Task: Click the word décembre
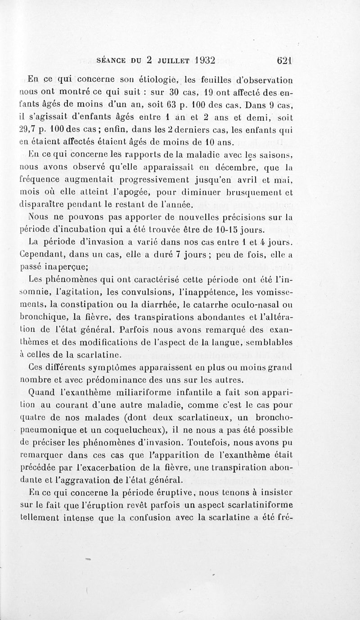[246, 169]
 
